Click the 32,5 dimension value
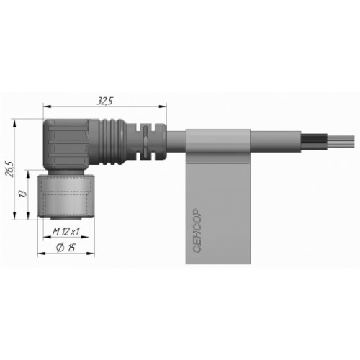[x=104, y=102]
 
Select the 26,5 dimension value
[x=10, y=169]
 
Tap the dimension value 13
[x=23, y=194]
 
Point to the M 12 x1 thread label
[x=66, y=232]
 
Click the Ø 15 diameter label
[x=66, y=248]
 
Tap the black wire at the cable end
[x=314, y=139]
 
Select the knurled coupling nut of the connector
[x=66, y=197]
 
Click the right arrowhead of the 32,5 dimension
[x=163, y=107]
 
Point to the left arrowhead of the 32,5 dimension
[x=47, y=107]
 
